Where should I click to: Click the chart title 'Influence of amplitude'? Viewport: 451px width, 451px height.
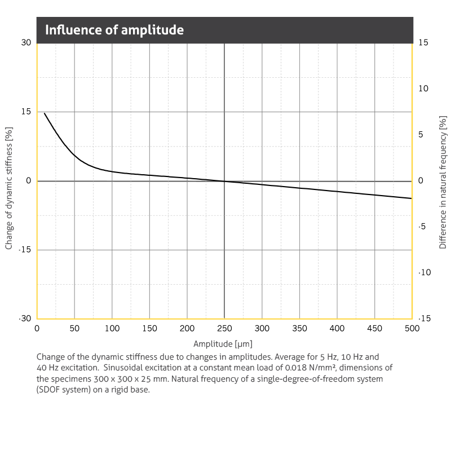point(114,30)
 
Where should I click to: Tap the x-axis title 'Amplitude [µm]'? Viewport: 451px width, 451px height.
point(223,343)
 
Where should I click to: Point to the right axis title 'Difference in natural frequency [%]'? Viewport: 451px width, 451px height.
point(443,182)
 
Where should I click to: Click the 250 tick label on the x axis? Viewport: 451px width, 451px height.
point(224,329)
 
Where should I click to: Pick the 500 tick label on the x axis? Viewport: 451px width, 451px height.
point(412,329)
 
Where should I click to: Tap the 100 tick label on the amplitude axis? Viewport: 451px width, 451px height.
point(112,329)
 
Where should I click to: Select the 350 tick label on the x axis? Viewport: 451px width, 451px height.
point(299,329)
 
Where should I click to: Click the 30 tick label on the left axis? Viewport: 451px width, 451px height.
point(26,43)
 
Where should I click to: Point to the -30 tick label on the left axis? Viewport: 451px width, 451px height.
point(25,319)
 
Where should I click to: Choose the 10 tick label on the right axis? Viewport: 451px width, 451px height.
point(423,89)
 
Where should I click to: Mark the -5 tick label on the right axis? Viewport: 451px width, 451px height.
point(422,227)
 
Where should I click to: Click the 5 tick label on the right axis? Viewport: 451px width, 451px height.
point(421,135)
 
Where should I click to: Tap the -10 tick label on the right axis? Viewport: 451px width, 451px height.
point(423,272)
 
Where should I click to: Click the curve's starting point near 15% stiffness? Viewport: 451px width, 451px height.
point(45,113)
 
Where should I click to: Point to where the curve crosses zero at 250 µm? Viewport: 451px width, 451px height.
point(224,181)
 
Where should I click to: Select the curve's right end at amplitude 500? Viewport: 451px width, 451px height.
point(412,198)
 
